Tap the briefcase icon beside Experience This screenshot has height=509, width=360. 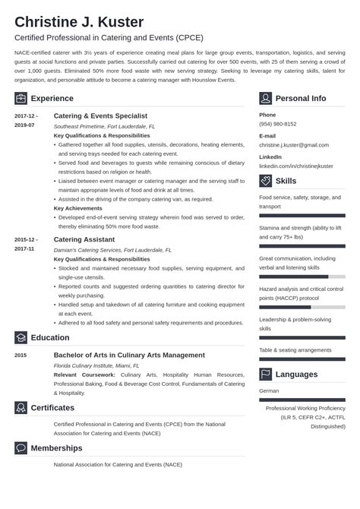(21, 98)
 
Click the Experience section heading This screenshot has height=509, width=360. (52, 98)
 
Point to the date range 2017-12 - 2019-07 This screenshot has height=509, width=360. (25, 119)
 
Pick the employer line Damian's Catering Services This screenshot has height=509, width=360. (112, 249)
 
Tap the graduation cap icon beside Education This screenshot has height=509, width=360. (21, 337)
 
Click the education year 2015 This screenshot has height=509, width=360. (21, 355)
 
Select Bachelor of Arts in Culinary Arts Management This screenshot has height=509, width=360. (129, 355)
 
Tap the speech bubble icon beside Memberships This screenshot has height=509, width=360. (21, 448)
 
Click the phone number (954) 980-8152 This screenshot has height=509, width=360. (278, 123)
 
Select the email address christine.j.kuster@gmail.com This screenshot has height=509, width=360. (295, 144)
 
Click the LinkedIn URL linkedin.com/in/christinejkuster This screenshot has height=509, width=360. (296, 165)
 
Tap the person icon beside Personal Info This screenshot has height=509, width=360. (266, 98)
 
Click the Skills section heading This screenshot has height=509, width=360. (286, 181)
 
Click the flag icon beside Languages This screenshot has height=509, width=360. (266, 374)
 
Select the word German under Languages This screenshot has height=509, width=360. (269, 390)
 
